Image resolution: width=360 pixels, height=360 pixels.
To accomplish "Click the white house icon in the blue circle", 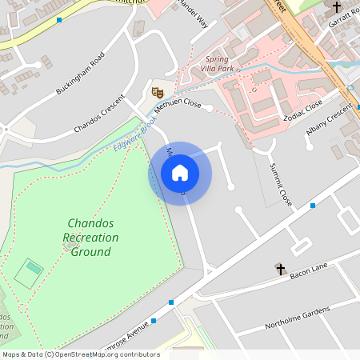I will point(180,173).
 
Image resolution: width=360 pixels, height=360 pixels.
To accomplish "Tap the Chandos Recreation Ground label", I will point(91,237).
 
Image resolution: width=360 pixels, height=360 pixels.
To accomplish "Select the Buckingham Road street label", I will point(80,74).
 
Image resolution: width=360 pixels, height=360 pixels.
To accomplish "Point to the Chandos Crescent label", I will point(99,114).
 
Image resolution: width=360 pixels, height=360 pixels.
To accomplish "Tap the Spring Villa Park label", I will point(220,64).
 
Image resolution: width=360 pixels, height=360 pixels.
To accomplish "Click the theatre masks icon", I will point(158,92).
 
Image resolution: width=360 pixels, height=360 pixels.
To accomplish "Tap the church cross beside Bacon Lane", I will point(280,269).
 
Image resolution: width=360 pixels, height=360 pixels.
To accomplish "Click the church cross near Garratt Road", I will point(337,7).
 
